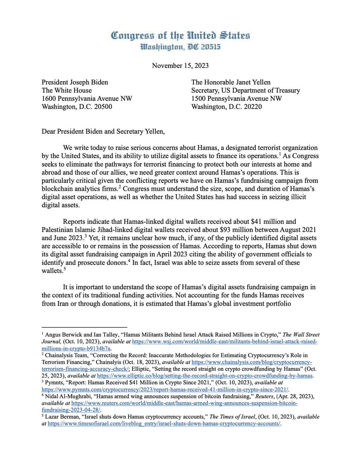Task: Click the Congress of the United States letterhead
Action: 180,36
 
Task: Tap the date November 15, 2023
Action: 180,66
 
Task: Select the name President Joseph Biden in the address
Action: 75,82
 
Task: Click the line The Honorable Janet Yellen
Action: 231,82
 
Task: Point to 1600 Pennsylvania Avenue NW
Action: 87,99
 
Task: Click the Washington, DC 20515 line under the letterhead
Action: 180,47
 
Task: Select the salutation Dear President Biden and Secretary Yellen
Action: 103,131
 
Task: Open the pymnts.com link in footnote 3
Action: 165,389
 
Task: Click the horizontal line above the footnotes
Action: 84,327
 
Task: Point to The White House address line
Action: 67,90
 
